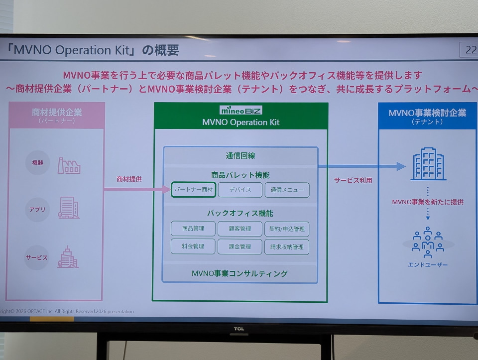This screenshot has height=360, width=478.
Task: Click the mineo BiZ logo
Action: coord(241,110)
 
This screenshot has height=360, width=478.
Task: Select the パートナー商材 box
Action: coord(194,190)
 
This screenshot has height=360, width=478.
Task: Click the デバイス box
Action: coord(240,190)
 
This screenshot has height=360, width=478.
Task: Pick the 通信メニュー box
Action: coord(287,190)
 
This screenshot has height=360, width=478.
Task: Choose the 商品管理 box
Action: coord(193,229)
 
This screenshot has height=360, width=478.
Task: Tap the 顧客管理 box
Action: coord(240,229)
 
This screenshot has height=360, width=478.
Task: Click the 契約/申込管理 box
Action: coord(287,229)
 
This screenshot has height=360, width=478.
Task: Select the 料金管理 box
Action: coord(193,246)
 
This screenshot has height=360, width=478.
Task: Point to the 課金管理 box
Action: coord(240,246)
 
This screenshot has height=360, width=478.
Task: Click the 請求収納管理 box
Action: coord(287,247)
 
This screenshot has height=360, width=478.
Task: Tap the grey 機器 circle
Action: coord(37,163)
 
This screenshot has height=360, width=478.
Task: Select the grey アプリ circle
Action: coord(37,210)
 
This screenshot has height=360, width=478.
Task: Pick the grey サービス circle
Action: coord(36,257)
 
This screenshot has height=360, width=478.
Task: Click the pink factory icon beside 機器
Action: coord(69,166)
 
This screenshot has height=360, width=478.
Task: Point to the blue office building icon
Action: coord(428,164)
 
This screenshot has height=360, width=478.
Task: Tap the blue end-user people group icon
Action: coord(428,242)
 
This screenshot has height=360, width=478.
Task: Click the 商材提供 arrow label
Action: coord(129,179)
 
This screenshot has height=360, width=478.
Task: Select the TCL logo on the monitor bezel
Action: coord(239,329)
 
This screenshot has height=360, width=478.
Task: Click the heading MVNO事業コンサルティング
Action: coord(239,273)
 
